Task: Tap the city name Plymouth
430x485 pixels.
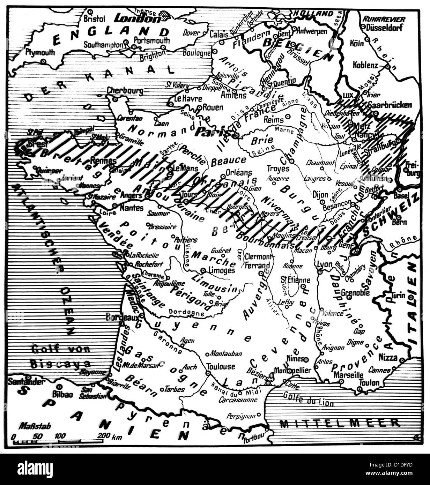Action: (40, 52)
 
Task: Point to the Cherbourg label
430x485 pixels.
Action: (125, 91)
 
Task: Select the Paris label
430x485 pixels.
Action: (209, 132)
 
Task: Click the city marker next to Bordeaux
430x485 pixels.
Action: (142, 316)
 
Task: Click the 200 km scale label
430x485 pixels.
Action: (109, 436)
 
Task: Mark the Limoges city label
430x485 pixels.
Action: (222, 270)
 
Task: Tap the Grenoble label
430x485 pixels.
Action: (355, 292)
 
